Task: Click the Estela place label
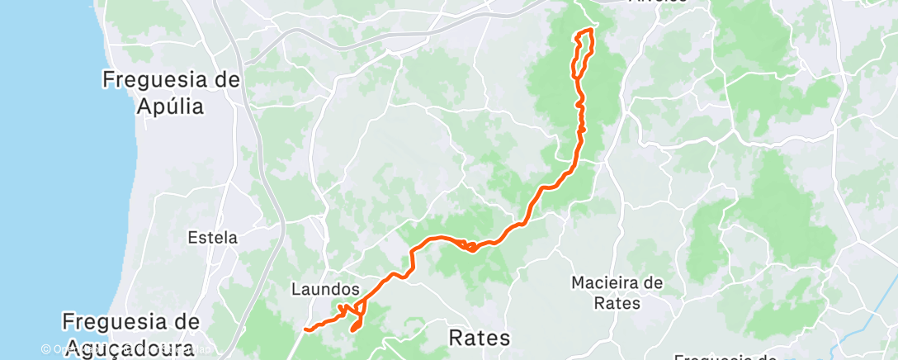point(212,238)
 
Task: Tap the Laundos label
point(325,290)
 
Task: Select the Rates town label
point(479,337)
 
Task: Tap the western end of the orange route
point(305,329)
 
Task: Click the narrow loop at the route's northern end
point(583,54)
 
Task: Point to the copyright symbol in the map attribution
point(46,349)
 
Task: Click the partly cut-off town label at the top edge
point(657,2)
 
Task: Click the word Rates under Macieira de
point(617,303)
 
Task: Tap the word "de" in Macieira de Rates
point(654,283)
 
